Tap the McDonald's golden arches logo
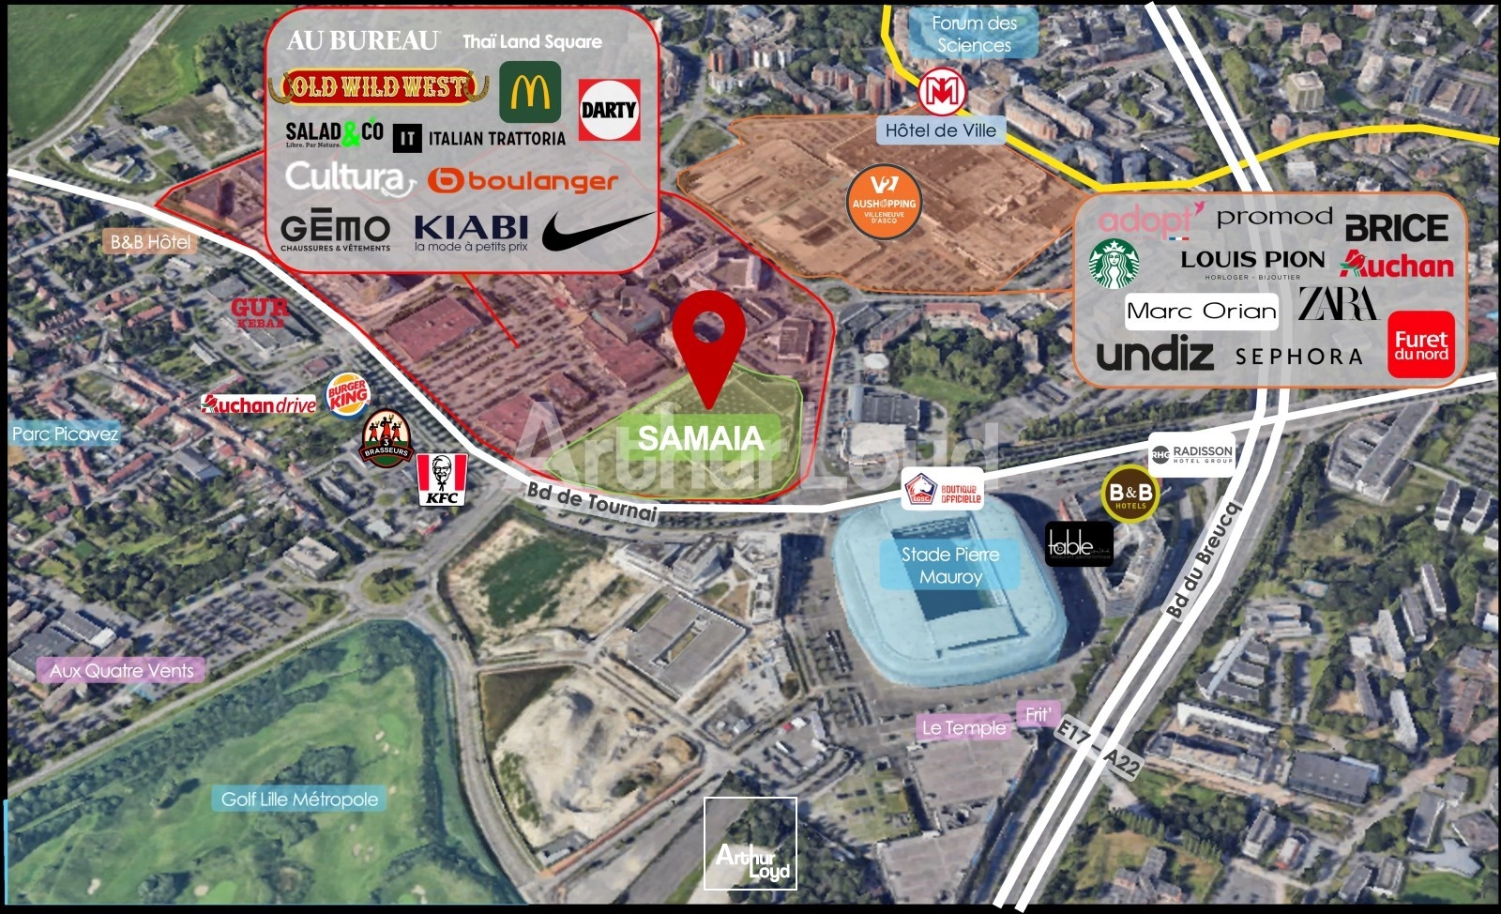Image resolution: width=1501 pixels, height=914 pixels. (530, 92)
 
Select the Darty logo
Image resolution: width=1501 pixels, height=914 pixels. (609, 110)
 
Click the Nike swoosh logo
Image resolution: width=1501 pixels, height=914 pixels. (597, 231)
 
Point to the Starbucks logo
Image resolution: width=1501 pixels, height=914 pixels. (1114, 263)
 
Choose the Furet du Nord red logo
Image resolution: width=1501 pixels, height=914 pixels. (1420, 344)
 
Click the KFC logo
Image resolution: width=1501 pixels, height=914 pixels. (442, 479)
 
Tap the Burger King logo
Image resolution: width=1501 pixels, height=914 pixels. (348, 395)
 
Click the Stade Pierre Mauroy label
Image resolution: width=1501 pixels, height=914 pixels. (950, 566)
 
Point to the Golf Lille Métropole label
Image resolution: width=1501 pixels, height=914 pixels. (299, 800)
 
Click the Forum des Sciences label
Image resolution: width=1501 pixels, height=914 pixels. (974, 34)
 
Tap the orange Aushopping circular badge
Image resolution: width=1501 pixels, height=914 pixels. (883, 203)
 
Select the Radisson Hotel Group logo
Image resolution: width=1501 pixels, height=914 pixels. (1191, 454)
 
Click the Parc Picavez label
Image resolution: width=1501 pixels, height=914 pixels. (65, 434)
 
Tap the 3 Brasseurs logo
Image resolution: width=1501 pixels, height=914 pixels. (386, 438)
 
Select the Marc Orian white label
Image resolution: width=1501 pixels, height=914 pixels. (1202, 312)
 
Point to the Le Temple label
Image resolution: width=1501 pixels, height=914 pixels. (963, 727)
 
